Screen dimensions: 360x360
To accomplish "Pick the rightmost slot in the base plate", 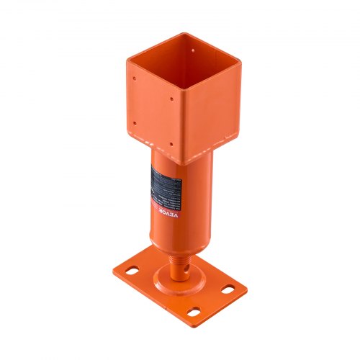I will coord(228,289).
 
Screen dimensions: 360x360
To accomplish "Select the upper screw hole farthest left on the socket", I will coord(132,73).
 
